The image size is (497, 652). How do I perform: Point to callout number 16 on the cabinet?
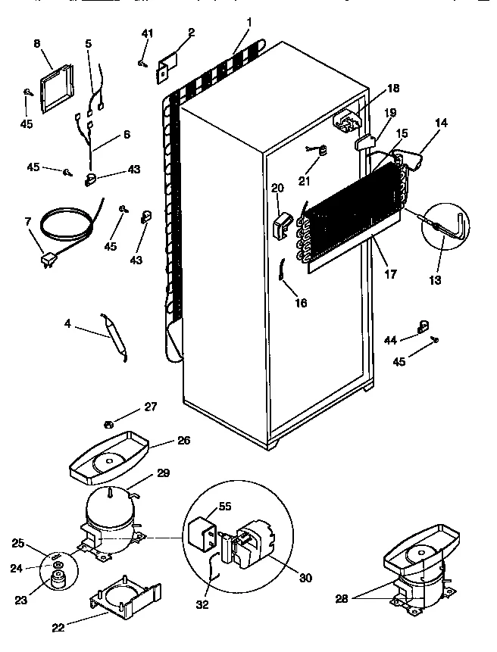(x=302, y=302)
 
